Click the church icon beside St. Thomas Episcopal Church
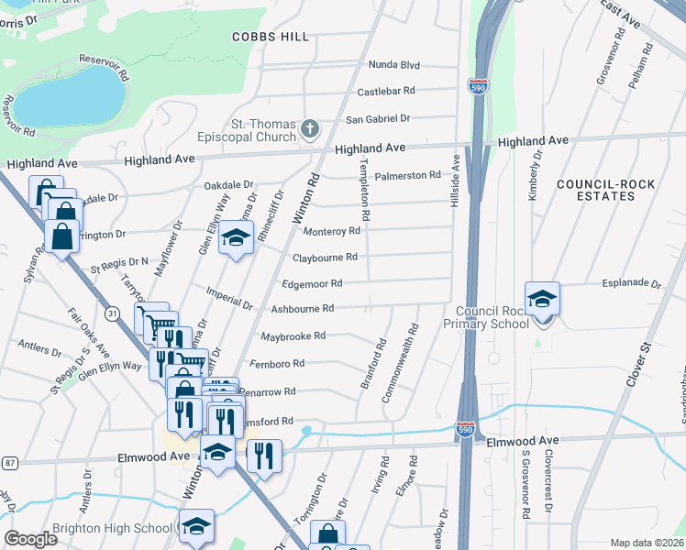tap(310, 129)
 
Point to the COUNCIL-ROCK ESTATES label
tap(607, 190)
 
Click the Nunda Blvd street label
tap(393, 65)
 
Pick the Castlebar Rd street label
tap(386, 92)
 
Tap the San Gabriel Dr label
tap(377, 119)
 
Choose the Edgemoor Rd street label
tap(317, 284)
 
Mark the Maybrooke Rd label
tap(293, 336)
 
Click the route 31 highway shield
tap(112, 313)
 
